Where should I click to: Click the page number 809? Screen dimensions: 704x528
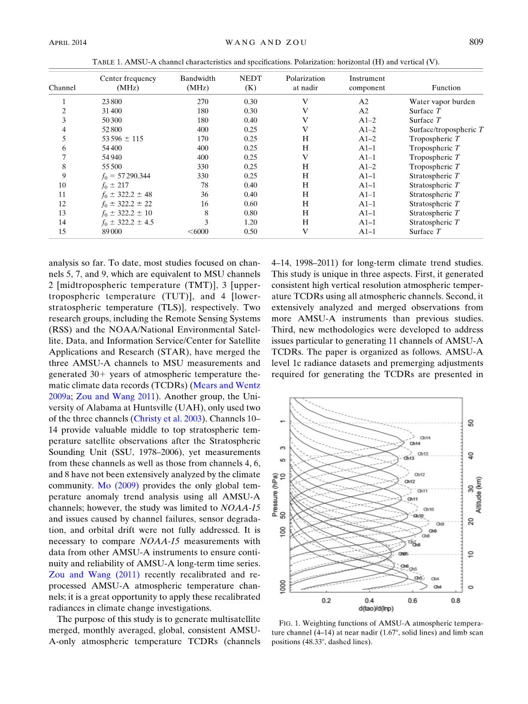(x=476, y=42)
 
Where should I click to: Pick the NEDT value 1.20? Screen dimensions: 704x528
(x=250, y=222)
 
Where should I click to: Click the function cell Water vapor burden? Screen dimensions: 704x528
(x=442, y=102)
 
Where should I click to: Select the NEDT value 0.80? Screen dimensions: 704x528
(x=250, y=213)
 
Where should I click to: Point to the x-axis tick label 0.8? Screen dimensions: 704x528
(x=455, y=600)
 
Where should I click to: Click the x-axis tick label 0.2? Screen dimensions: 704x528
(x=326, y=600)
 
